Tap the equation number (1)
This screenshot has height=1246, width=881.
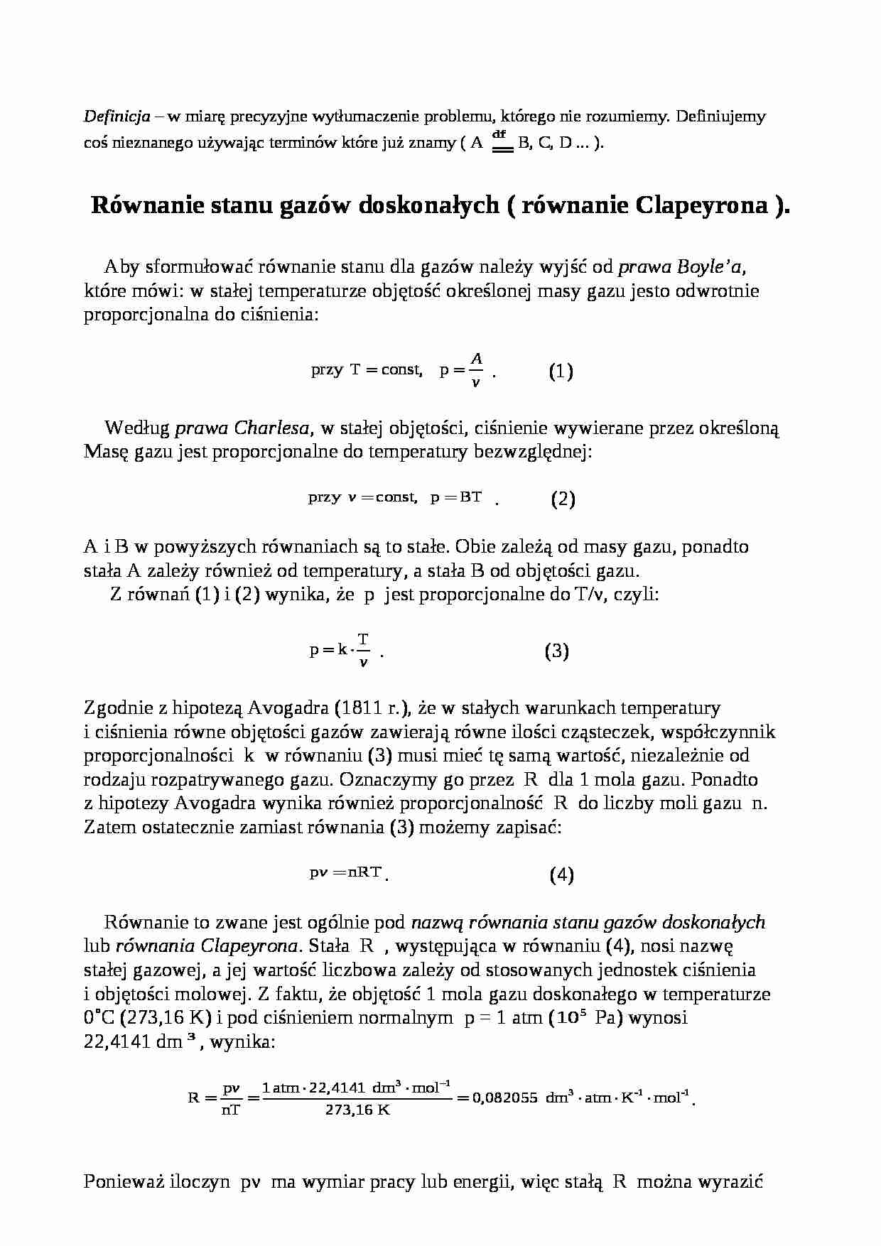click(561, 372)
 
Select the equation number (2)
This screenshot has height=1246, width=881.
click(563, 499)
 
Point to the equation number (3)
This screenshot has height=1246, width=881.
click(556, 651)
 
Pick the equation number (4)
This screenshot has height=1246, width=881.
click(561, 875)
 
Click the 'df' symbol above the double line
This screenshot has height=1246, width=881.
click(499, 134)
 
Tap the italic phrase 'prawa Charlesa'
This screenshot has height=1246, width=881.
click(242, 428)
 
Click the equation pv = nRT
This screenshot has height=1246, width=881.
click(346, 873)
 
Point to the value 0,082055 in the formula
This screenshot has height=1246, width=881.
click(504, 1098)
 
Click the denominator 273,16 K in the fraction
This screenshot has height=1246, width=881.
click(357, 1110)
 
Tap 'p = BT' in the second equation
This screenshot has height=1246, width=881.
click(455, 497)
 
